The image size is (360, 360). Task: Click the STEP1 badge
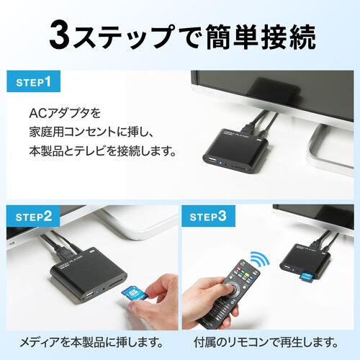(x=33, y=82)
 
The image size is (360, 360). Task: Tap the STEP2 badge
(x=33, y=216)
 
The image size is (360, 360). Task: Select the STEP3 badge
(x=208, y=216)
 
